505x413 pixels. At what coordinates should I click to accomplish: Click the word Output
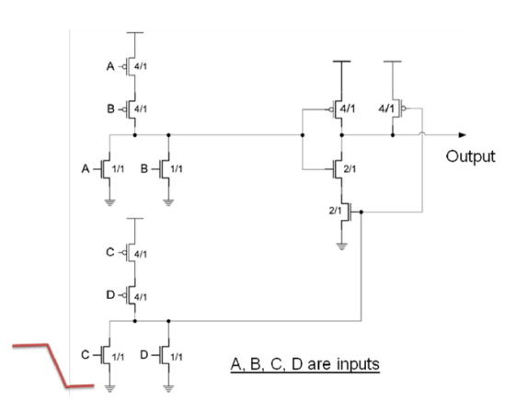point(472,156)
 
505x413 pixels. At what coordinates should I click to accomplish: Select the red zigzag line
point(44,365)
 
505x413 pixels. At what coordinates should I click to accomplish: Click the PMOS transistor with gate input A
point(133,67)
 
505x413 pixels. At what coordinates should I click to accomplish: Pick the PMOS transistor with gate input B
point(133,109)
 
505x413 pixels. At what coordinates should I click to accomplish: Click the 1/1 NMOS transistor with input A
point(110,169)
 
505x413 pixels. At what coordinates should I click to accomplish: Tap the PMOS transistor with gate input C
point(133,252)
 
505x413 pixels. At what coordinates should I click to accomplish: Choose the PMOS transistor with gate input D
point(133,295)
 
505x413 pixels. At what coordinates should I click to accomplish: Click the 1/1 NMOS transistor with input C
point(110,354)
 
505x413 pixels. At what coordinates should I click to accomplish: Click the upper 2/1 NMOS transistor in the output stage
point(341,169)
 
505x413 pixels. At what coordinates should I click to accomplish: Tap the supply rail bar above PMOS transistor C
point(135,220)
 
